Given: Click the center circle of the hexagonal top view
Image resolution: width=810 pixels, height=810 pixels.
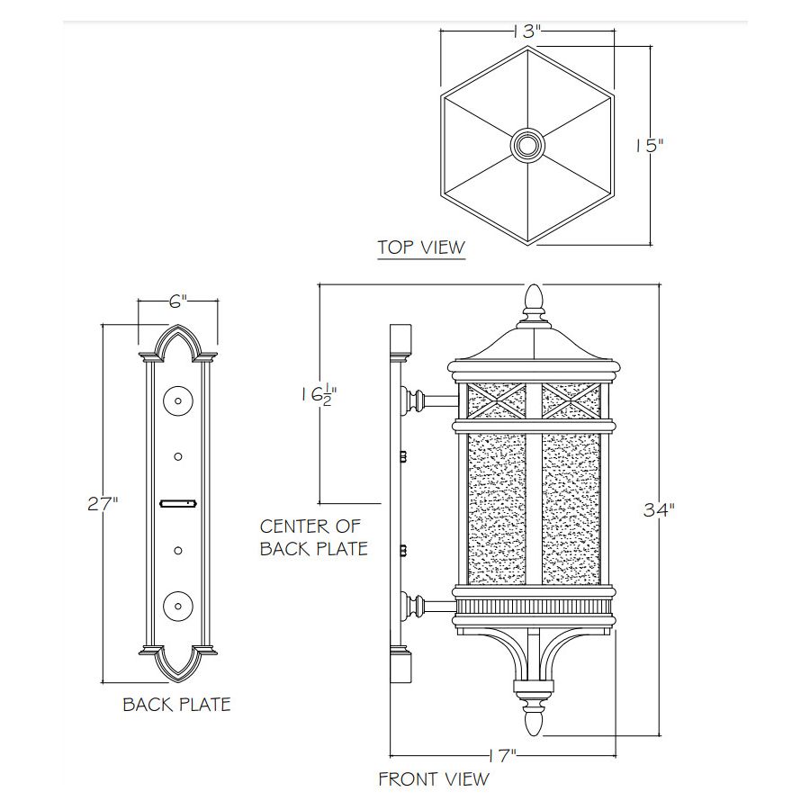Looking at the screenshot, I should click(x=526, y=144).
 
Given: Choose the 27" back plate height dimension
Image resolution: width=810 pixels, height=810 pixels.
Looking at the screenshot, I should click(x=103, y=504).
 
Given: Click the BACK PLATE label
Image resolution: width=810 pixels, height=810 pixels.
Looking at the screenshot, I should click(x=176, y=704).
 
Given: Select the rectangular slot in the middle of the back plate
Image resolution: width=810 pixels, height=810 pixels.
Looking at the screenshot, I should click(x=178, y=504).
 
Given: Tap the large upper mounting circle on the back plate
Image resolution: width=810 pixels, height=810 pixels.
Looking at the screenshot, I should click(x=178, y=400).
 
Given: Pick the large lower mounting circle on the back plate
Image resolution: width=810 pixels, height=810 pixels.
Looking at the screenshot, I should click(x=178, y=604).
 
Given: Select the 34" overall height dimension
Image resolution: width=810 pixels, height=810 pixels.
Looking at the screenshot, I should click(x=659, y=510).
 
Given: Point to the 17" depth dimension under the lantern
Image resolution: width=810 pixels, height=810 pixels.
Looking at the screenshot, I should click(x=502, y=753).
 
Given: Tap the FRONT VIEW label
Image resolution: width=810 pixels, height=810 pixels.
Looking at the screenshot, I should click(x=434, y=778).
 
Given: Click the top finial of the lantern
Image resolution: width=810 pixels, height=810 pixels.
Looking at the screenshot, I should click(x=534, y=302).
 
